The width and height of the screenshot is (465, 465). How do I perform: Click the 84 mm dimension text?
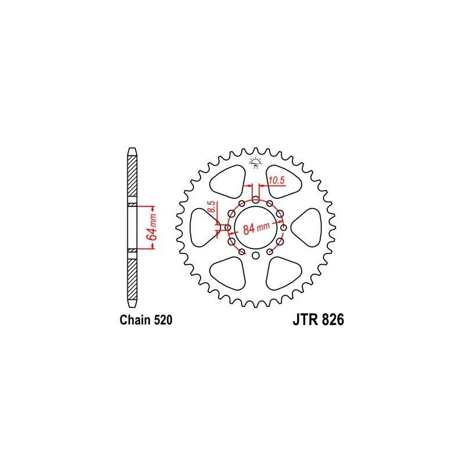tap(256, 227)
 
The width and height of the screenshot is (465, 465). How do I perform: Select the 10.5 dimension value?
tap(276, 181)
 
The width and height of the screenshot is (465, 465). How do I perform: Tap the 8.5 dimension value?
tap(212, 208)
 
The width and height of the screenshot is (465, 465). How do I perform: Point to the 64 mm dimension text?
tap(150, 227)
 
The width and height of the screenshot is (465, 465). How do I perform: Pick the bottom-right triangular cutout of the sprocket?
tap(285, 272)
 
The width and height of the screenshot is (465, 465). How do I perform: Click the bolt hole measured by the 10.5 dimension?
tap(256, 199)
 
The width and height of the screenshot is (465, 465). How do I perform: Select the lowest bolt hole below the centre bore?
tap(256, 255)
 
